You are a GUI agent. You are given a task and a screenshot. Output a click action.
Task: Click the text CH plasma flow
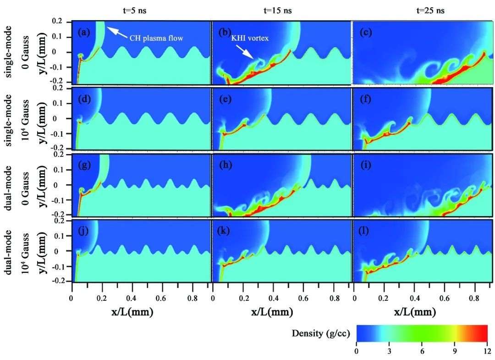156,39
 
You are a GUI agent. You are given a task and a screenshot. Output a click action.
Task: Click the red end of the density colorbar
481,333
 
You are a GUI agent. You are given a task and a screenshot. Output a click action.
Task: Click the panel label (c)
366,32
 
